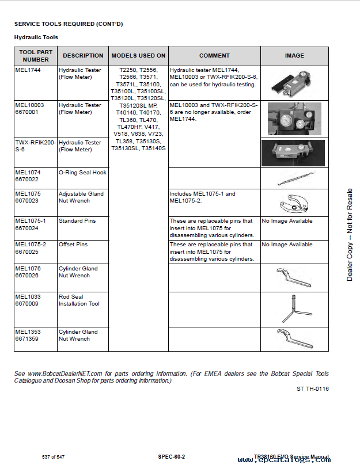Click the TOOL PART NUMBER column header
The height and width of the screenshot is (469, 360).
[x=36, y=56]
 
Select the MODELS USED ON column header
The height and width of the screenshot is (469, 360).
[x=138, y=56]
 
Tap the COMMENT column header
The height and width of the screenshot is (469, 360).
[x=214, y=56]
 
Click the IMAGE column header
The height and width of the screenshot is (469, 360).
[x=294, y=56]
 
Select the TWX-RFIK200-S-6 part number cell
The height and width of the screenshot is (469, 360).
[x=35, y=146]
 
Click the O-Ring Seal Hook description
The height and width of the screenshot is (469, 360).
[x=82, y=173]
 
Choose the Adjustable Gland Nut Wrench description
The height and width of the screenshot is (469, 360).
[x=81, y=197]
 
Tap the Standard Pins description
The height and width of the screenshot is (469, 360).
[x=77, y=221]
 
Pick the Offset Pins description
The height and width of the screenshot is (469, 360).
[x=73, y=245]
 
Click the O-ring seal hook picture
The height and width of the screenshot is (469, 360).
[x=294, y=178]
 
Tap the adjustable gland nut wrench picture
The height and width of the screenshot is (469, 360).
[x=294, y=203]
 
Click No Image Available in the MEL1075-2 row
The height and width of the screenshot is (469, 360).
[x=287, y=245]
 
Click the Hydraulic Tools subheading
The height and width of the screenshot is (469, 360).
[x=36, y=37]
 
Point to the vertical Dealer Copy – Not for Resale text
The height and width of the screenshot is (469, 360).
[x=350, y=235]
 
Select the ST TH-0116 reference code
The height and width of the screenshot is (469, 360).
[x=313, y=389]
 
